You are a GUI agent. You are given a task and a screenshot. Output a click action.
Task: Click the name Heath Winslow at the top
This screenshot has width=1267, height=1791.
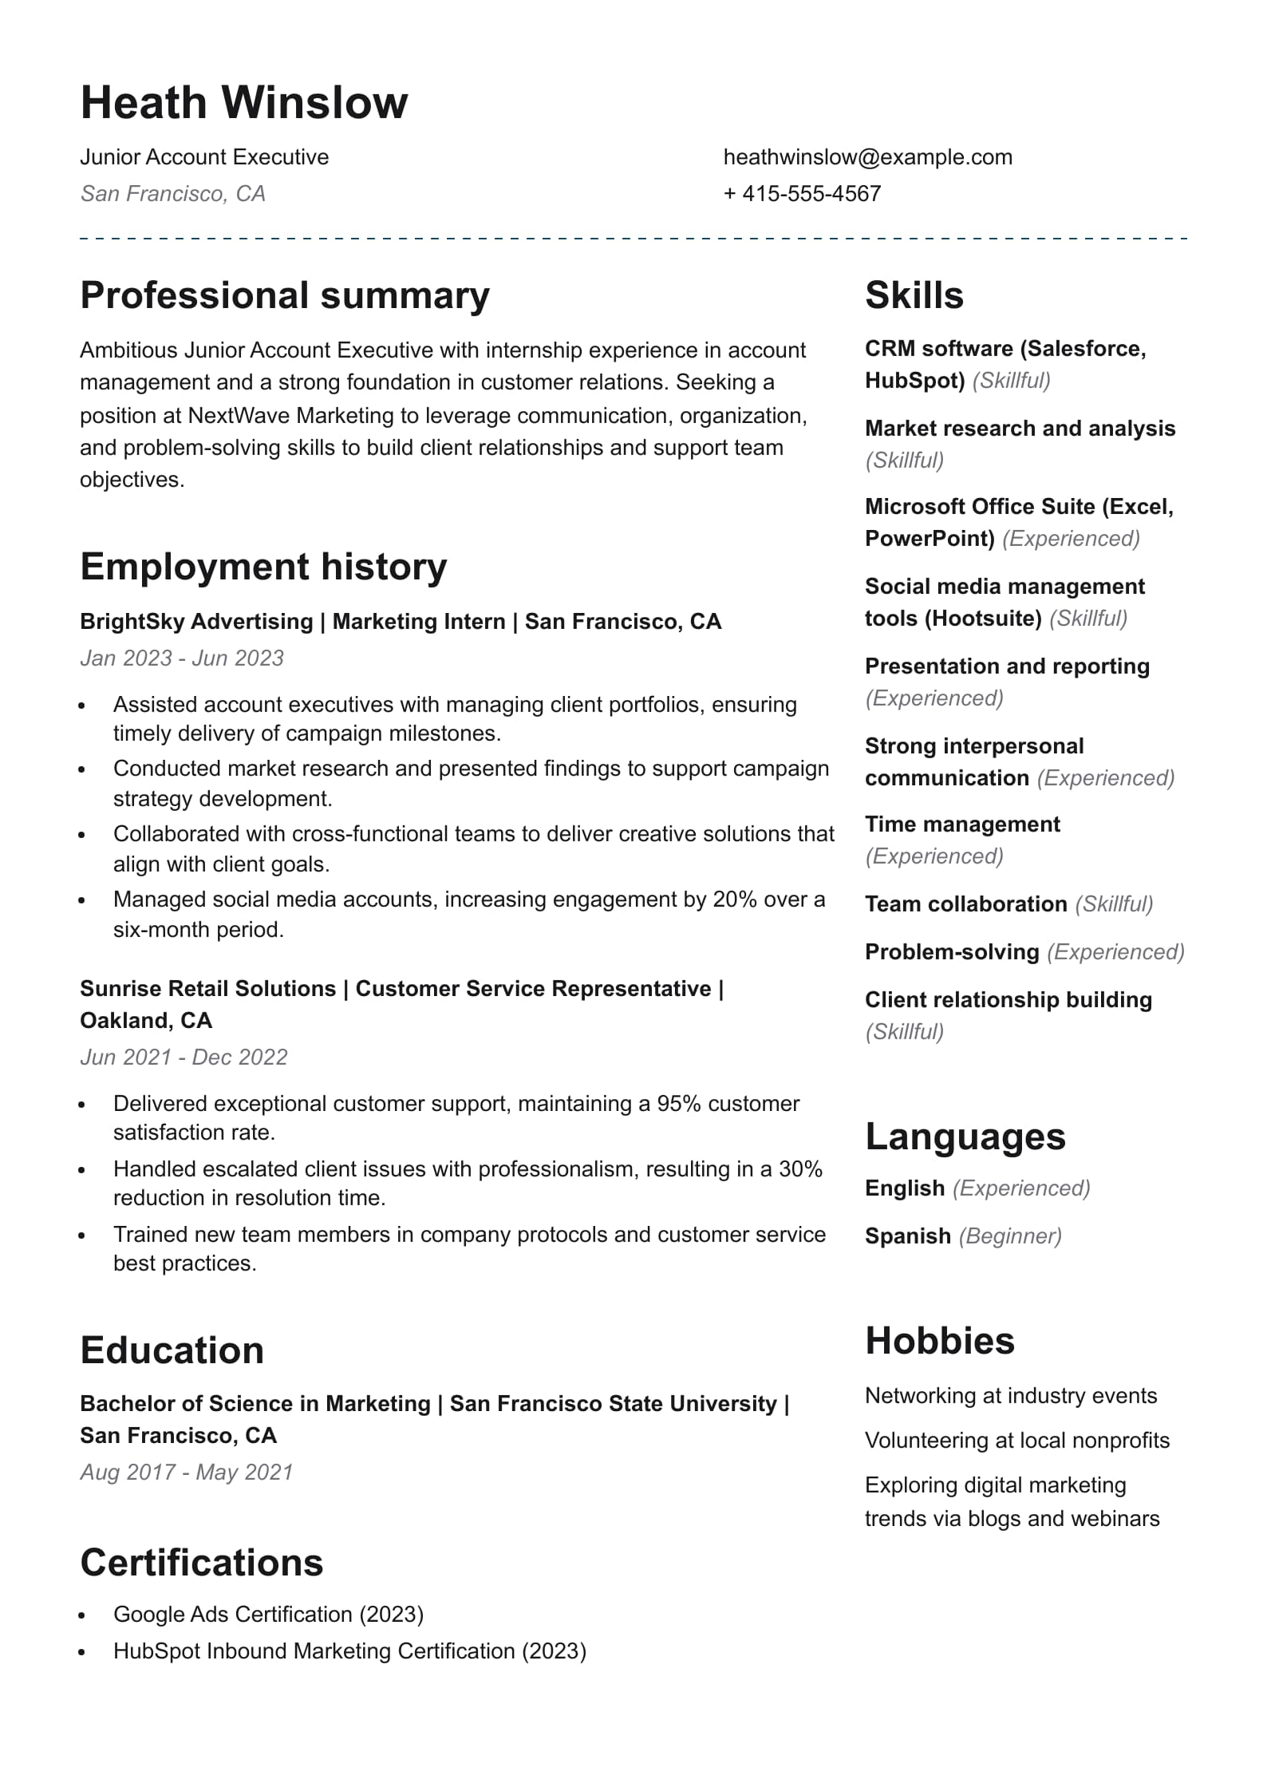243,102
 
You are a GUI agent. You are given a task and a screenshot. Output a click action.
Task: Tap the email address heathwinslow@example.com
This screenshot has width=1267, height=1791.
867,157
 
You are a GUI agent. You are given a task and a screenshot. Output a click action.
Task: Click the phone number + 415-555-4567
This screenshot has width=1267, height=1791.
802,194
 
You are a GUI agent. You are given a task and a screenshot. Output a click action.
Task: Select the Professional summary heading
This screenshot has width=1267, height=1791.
285,295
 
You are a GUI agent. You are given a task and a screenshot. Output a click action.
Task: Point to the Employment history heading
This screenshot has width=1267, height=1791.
263,567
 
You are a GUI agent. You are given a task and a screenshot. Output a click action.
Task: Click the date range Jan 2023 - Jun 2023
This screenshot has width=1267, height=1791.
182,658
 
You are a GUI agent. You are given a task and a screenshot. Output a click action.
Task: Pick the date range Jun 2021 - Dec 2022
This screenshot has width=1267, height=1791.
184,1058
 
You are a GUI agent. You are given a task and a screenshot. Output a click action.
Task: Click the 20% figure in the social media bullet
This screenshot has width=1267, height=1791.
733,899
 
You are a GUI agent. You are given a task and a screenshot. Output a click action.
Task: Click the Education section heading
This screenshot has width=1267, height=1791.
172,1350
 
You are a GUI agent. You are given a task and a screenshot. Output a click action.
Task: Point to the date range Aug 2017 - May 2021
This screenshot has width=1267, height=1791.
187,1473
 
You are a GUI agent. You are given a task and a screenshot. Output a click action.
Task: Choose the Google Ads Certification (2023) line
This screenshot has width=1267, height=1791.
268,1615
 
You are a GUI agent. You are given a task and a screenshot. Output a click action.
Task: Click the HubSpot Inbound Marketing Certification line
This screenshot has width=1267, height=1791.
349,1651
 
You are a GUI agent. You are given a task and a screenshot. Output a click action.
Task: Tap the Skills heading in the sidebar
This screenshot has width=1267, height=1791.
914,295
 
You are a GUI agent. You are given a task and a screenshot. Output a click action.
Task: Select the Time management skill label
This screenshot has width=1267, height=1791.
962,824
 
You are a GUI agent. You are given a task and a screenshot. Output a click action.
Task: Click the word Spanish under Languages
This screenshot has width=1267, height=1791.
907,1236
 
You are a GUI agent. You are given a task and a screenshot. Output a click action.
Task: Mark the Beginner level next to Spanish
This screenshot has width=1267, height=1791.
1010,1236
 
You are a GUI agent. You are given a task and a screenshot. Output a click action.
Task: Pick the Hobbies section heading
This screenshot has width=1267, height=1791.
940,1341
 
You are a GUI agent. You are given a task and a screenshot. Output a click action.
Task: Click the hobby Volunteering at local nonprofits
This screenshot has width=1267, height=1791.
1017,1441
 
